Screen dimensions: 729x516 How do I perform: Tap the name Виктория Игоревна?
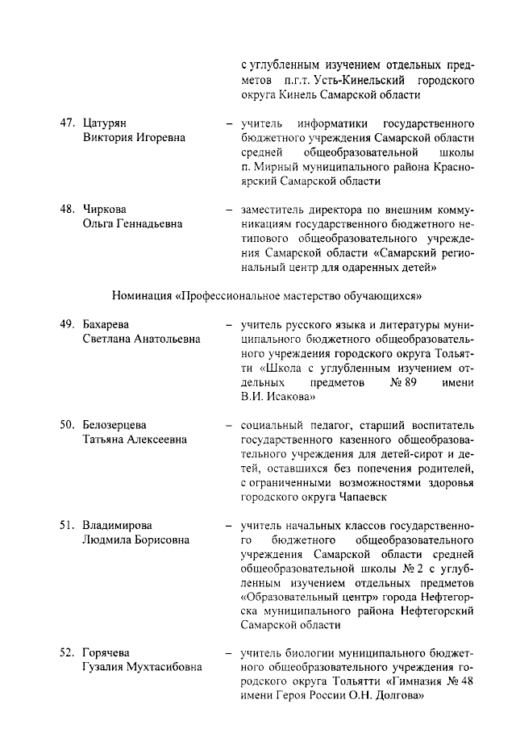click(134, 138)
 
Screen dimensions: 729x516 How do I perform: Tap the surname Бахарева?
click(108, 323)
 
